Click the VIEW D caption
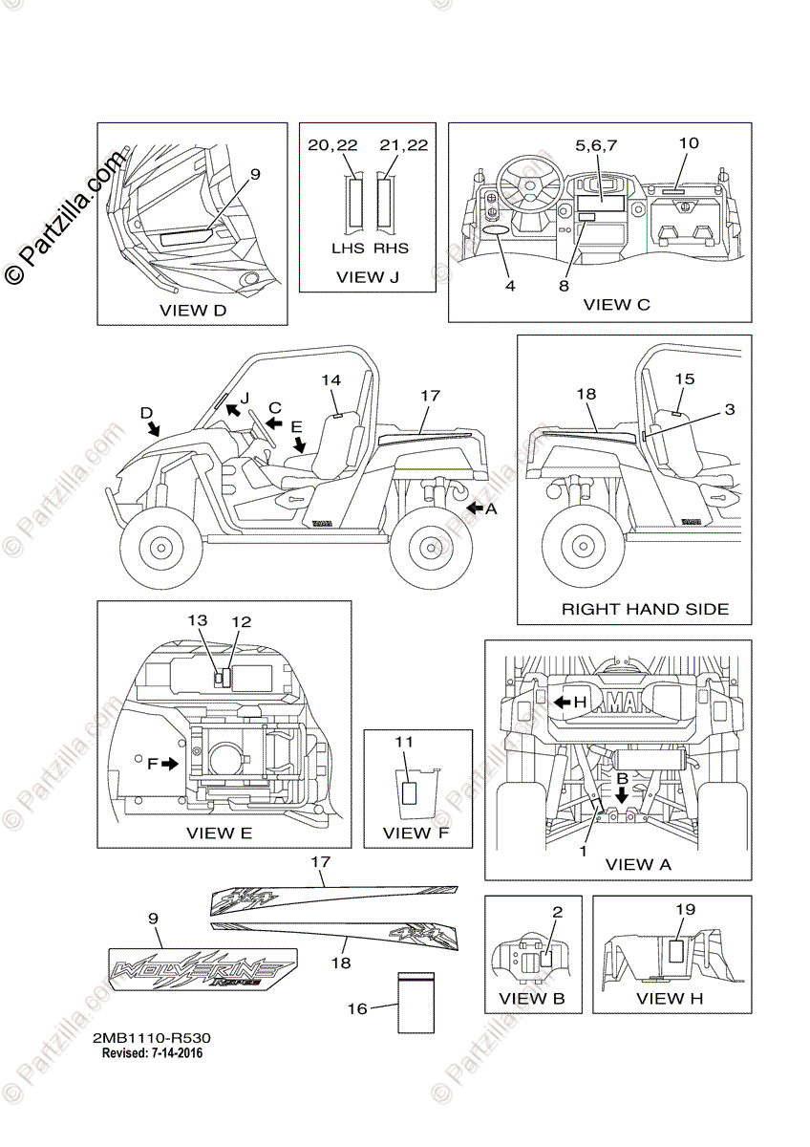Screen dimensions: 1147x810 click(x=193, y=310)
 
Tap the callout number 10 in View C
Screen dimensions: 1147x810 click(x=689, y=143)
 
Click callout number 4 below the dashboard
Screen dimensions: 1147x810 click(x=511, y=286)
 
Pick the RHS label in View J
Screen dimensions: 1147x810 click(x=391, y=249)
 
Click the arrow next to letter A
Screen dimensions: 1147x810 click(x=474, y=510)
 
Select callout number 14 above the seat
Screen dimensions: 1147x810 click(x=330, y=379)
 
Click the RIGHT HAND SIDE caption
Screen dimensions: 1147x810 click(x=645, y=609)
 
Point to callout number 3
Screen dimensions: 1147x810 click(x=729, y=409)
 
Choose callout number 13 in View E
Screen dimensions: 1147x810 click(x=198, y=620)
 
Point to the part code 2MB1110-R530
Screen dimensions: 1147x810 click(x=152, y=1037)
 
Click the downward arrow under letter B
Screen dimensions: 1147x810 click(x=622, y=793)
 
